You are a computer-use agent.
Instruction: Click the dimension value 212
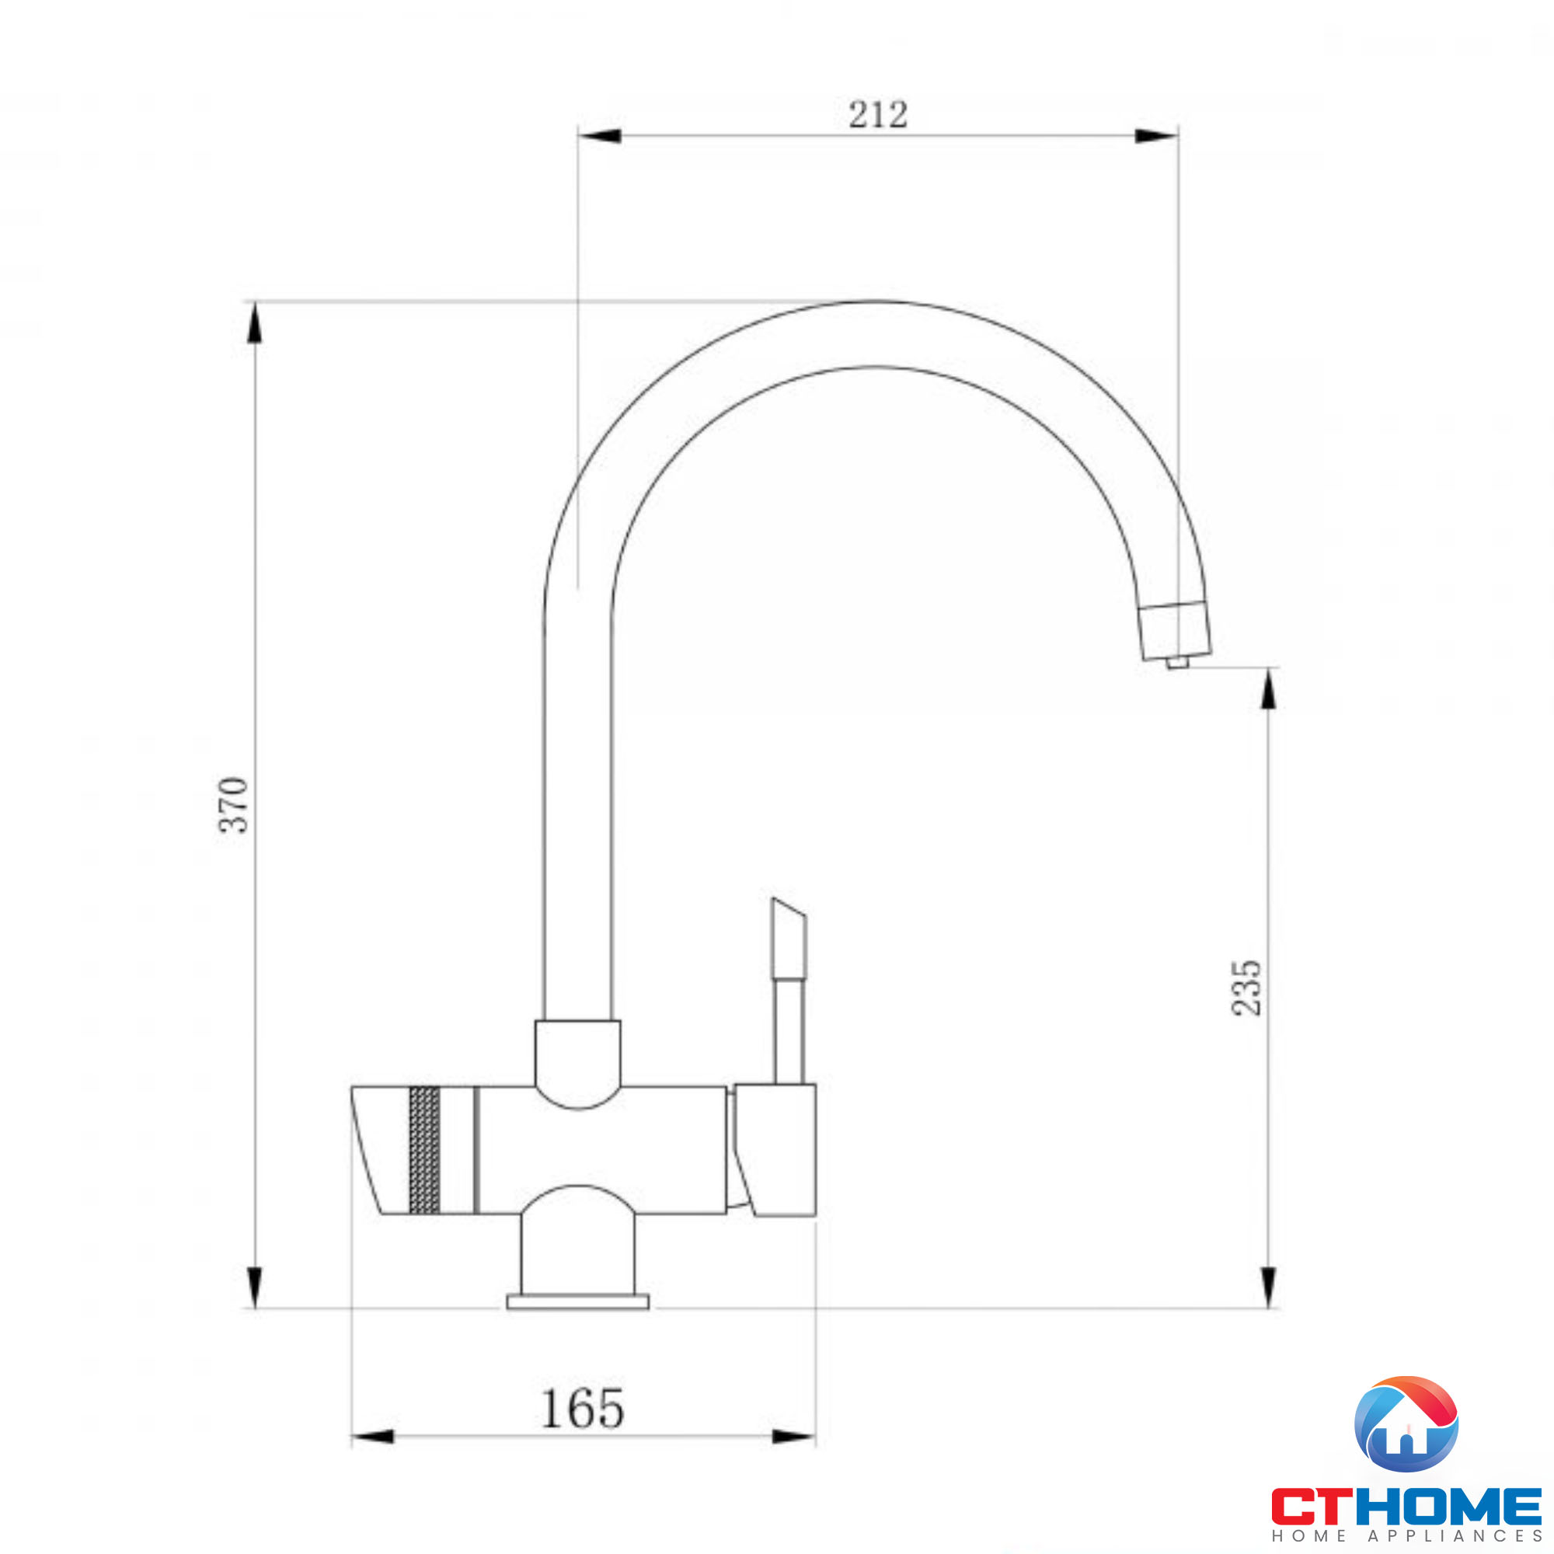877,115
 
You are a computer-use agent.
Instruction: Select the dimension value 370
234,804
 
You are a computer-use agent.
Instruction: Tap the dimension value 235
1247,988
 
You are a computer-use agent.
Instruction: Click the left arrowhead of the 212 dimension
600,135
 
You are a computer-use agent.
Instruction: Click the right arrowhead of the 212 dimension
1156,135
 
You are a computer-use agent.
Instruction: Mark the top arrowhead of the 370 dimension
254,323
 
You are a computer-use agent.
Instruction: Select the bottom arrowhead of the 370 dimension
254,1287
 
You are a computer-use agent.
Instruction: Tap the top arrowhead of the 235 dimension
1269,689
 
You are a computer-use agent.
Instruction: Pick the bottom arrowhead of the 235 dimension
1269,1287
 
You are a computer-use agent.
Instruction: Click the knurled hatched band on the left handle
425,1149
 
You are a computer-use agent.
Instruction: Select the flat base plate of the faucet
577,1301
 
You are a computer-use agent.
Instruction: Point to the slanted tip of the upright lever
788,911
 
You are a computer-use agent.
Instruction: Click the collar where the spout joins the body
577,1054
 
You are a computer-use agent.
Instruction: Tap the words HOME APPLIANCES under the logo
1407,1536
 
